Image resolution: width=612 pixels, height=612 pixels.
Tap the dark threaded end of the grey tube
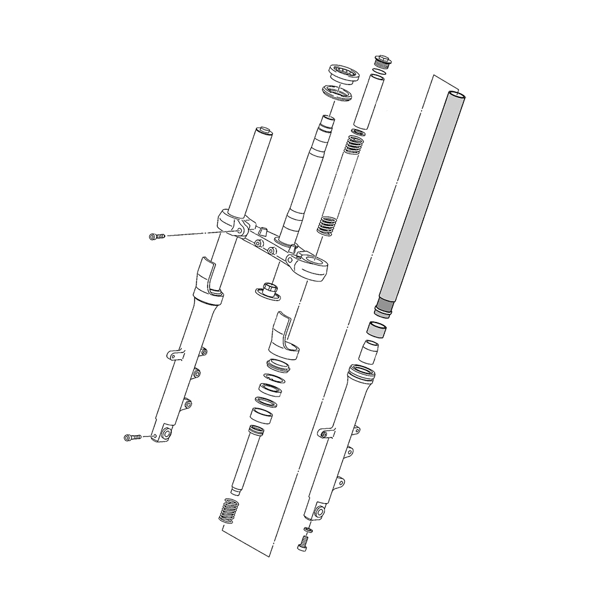[x=384, y=306]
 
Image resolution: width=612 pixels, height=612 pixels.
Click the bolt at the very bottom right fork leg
[x=302, y=542]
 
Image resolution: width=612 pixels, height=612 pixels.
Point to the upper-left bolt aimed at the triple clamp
[x=157, y=236]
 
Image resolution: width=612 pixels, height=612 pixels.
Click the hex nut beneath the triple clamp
[x=268, y=288]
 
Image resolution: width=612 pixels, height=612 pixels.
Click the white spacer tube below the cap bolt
[x=371, y=101]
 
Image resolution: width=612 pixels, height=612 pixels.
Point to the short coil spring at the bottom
[x=228, y=510]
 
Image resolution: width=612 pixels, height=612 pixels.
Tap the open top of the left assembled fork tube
[x=264, y=130]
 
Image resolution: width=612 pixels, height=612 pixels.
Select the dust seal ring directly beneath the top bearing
[x=337, y=94]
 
